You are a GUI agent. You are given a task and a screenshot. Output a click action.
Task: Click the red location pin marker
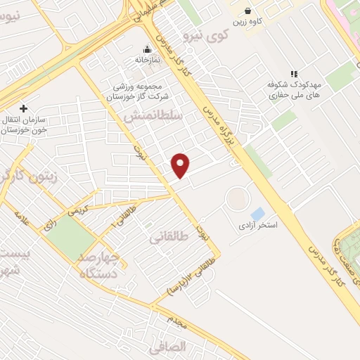pyautogui.click(x=181, y=165)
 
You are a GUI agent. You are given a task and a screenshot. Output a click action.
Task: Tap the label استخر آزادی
pyautogui.click(x=257, y=226)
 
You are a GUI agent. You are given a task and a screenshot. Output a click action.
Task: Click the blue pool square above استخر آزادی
pyautogui.click(x=258, y=213)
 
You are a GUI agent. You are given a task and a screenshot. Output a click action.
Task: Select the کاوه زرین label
pyautogui.click(x=249, y=22)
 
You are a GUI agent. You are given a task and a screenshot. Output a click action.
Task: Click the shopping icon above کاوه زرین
pyautogui.click(x=248, y=11)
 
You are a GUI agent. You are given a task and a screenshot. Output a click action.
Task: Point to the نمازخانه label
pyautogui.click(x=148, y=60)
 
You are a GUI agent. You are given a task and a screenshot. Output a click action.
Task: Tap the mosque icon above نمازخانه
pyautogui.click(x=148, y=49)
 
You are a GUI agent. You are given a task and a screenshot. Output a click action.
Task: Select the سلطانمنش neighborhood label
pyautogui.click(x=152, y=116)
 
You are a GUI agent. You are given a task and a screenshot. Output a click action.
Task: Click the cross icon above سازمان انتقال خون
pyautogui.click(x=23, y=108)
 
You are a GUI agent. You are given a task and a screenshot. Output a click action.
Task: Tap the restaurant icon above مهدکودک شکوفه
pyautogui.click(x=294, y=74)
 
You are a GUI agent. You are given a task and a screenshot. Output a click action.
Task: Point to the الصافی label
pyautogui.click(x=167, y=347)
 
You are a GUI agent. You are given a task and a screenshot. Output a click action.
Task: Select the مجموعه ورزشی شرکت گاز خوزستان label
pyautogui.click(x=139, y=91)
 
